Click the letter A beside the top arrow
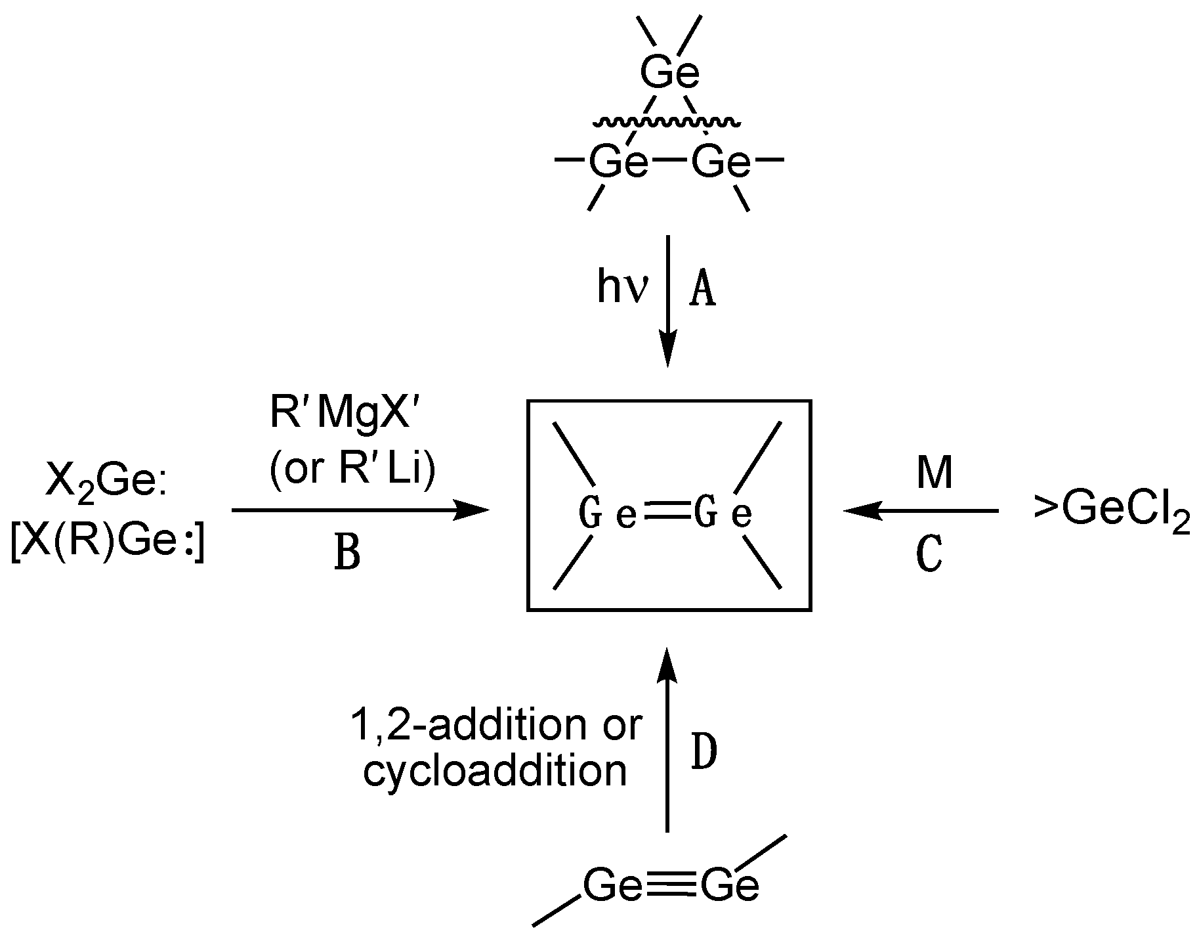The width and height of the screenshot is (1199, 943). pyautogui.click(x=702, y=291)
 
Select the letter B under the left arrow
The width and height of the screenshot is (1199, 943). pyautogui.click(x=347, y=553)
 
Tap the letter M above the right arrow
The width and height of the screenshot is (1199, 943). pyautogui.click(x=934, y=472)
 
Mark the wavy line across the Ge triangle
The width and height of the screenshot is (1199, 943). pyautogui.click(x=668, y=122)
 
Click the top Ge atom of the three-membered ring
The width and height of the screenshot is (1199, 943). pyautogui.click(x=670, y=74)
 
